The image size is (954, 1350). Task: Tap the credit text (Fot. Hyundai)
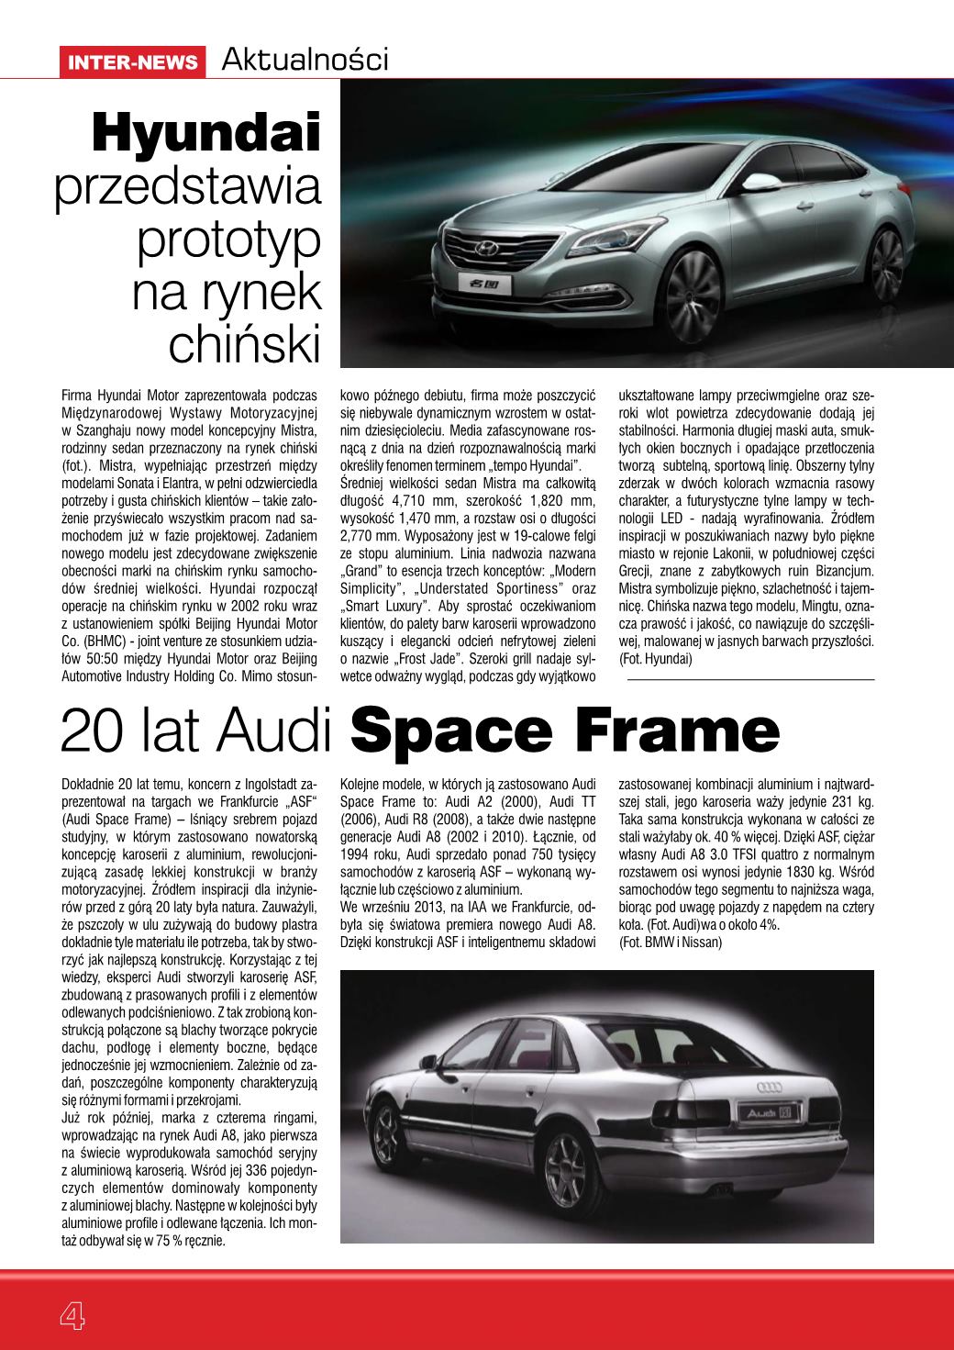(655, 659)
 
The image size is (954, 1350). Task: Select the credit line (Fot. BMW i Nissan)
(671, 943)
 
